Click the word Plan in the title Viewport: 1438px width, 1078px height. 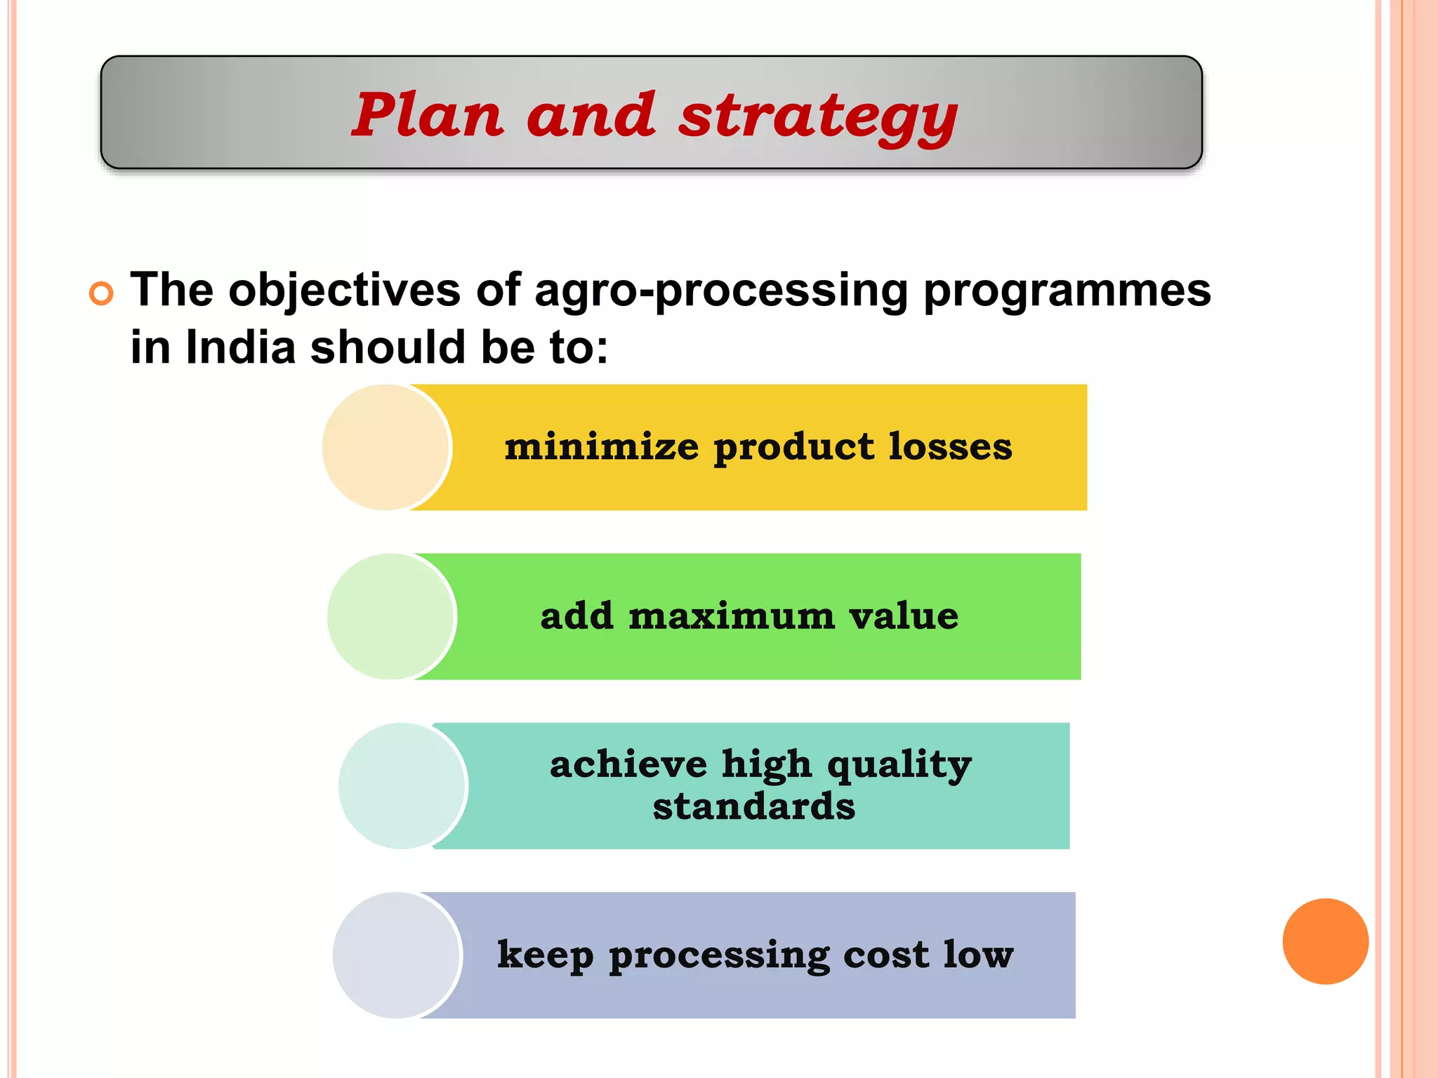(427, 114)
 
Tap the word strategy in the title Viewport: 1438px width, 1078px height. (818, 117)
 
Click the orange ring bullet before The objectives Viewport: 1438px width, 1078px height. (101, 293)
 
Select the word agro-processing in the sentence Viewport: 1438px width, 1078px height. (721, 291)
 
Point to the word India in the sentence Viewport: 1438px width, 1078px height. (240, 347)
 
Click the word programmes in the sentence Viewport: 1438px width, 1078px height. (1067, 291)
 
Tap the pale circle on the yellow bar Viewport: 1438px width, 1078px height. (385, 447)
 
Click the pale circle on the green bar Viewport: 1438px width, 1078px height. (391, 616)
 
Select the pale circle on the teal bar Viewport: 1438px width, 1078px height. (402, 785)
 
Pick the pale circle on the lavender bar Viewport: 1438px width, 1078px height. (397, 955)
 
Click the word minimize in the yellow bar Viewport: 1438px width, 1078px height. (602, 446)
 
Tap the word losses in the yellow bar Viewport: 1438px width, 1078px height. (950, 446)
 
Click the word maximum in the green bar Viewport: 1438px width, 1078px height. (731, 616)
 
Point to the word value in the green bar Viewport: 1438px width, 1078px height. (904, 616)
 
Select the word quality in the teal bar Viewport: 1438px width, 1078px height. (899, 765)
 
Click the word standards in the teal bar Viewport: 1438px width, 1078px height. (754, 806)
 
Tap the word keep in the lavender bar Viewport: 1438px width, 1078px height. (546, 955)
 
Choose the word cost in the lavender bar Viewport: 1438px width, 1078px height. (885, 954)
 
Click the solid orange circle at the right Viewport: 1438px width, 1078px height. (1325, 941)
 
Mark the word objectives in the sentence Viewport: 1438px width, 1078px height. (344, 291)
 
